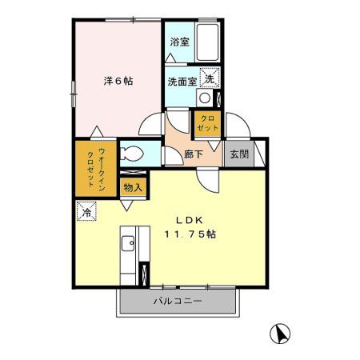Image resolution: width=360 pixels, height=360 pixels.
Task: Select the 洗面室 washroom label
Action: coord(181,81)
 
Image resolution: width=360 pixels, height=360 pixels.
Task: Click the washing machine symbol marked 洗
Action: coord(208,78)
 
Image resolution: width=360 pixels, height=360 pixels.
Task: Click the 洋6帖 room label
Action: coord(118,81)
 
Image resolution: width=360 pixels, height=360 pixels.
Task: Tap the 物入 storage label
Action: coord(133,189)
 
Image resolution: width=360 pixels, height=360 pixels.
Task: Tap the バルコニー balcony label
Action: coord(177,302)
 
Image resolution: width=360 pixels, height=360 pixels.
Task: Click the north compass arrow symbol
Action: coord(281,333)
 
